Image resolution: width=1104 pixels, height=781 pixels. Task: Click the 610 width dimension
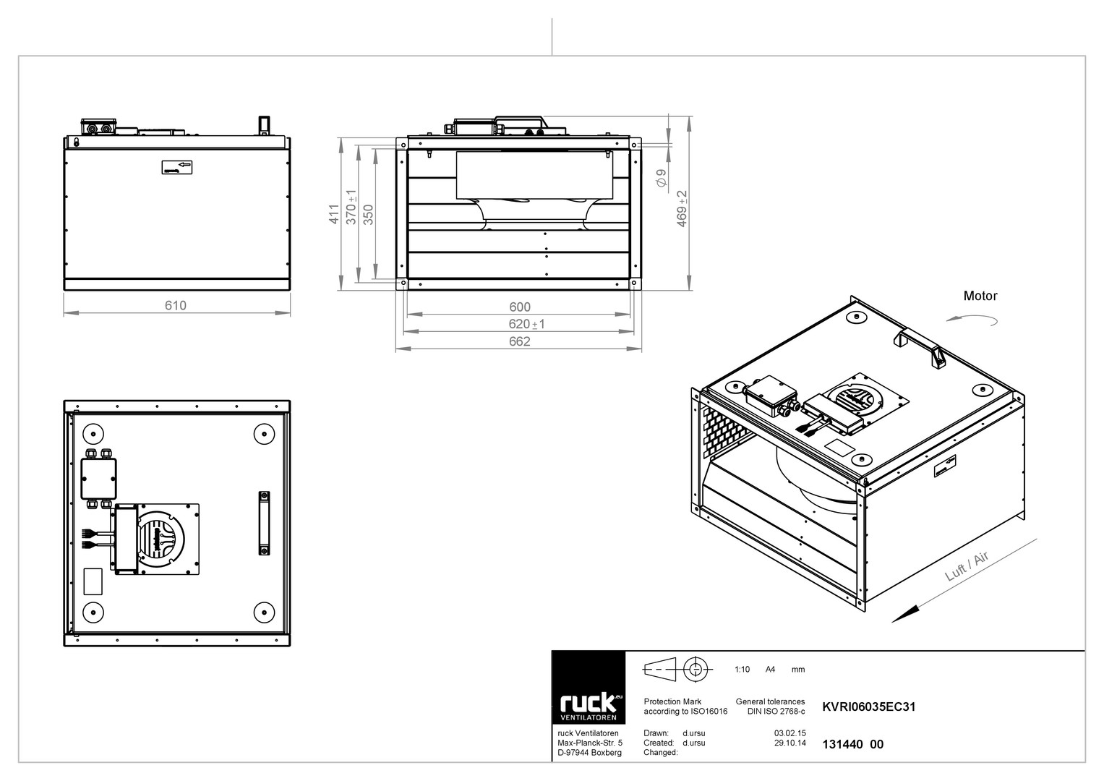coord(176,306)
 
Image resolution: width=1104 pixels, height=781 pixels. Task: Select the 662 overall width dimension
coord(520,341)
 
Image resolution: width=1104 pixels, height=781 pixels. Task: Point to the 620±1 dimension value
coord(526,324)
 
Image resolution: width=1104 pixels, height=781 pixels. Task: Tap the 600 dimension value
coord(520,307)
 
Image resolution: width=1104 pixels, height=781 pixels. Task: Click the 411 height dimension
coord(334,214)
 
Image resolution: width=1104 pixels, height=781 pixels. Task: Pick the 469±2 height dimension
coord(682,208)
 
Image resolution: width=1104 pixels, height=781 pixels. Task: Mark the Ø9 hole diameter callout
coord(662,178)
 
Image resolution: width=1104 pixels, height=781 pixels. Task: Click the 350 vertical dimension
coord(368,215)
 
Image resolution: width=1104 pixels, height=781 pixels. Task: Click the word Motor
coord(980,296)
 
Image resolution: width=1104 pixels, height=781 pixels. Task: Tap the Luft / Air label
coord(967,566)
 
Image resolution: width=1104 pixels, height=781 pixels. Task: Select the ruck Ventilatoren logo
coord(589,687)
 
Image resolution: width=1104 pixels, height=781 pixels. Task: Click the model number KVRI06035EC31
coord(869,707)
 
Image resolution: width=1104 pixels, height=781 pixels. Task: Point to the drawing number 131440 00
coord(852,744)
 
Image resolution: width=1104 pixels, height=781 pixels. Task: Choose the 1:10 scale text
coord(742,669)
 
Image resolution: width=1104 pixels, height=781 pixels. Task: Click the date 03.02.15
coord(790,733)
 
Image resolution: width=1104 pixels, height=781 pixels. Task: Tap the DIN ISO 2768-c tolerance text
coord(776,711)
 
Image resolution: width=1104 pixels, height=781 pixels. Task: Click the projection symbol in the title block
coord(677,669)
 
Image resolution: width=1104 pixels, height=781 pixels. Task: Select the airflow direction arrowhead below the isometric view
coord(905,614)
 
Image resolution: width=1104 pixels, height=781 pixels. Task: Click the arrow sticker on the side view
coord(177,167)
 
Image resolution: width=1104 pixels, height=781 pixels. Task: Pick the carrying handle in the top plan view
coord(264,523)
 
